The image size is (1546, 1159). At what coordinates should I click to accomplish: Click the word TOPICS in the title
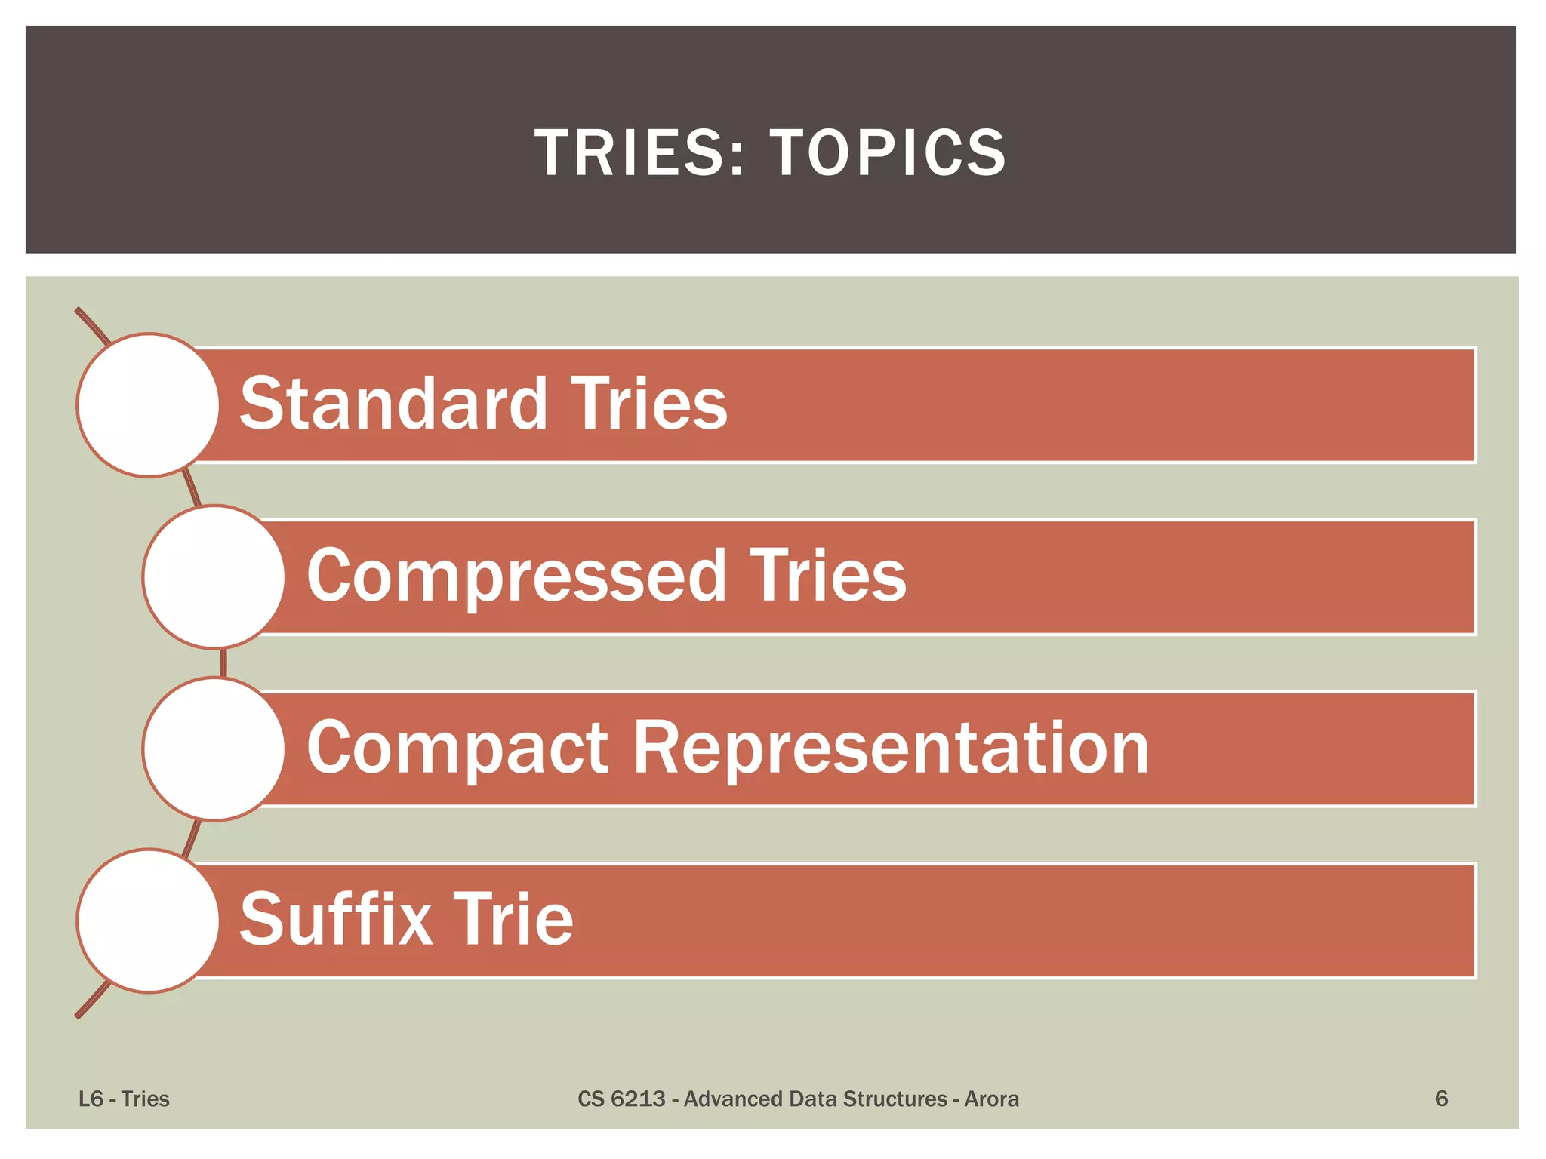pyautogui.click(x=888, y=152)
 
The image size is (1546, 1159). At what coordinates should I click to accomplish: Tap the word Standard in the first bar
pyautogui.click(x=393, y=404)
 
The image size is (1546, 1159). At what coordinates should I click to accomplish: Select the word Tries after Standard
pyautogui.click(x=648, y=404)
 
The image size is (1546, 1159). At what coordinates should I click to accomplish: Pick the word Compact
pyautogui.click(x=457, y=749)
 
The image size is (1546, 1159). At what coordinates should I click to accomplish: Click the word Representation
pyautogui.click(x=891, y=749)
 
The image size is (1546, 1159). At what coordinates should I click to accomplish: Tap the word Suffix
pyautogui.click(x=335, y=920)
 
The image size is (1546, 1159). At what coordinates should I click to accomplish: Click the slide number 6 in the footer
pyautogui.click(x=1441, y=1099)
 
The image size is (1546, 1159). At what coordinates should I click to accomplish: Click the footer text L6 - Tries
pyautogui.click(x=124, y=1099)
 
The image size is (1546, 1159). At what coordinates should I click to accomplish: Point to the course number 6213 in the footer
pyautogui.click(x=638, y=1099)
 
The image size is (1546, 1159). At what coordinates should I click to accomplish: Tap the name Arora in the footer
pyautogui.click(x=991, y=1099)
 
